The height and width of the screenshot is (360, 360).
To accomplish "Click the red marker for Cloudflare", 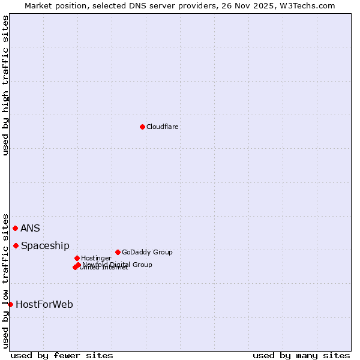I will (x=142, y=127).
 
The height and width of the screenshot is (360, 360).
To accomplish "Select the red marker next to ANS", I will (x=15, y=228).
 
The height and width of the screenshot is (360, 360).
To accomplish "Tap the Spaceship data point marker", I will (x=16, y=245).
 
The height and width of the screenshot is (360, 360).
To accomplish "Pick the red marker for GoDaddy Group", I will (x=118, y=252).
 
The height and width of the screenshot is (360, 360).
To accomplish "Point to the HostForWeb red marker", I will (x=10, y=304).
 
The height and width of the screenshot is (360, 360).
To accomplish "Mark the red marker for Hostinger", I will (x=77, y=258).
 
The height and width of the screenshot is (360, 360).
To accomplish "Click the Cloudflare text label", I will (x=163, y=127).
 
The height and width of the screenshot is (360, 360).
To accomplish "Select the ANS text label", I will (x=30, y=228).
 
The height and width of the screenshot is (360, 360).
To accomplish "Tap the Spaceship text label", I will (x=45, y=245).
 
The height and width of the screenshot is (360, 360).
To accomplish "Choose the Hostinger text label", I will (x=96, y=258).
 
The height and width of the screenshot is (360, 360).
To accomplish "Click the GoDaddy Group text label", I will (x=147, y=252).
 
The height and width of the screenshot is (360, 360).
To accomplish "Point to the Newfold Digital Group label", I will (x=118, y=265).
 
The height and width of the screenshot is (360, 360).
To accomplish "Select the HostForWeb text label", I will (x=44, y=304).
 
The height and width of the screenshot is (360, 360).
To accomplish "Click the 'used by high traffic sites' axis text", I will (x=5, y=85).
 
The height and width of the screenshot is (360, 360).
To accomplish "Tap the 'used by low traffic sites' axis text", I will (x=5, y=280).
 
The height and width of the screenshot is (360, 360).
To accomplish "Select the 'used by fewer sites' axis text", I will (x=62, y=355).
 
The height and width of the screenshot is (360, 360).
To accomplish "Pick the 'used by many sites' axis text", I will (x=301, y=355).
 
